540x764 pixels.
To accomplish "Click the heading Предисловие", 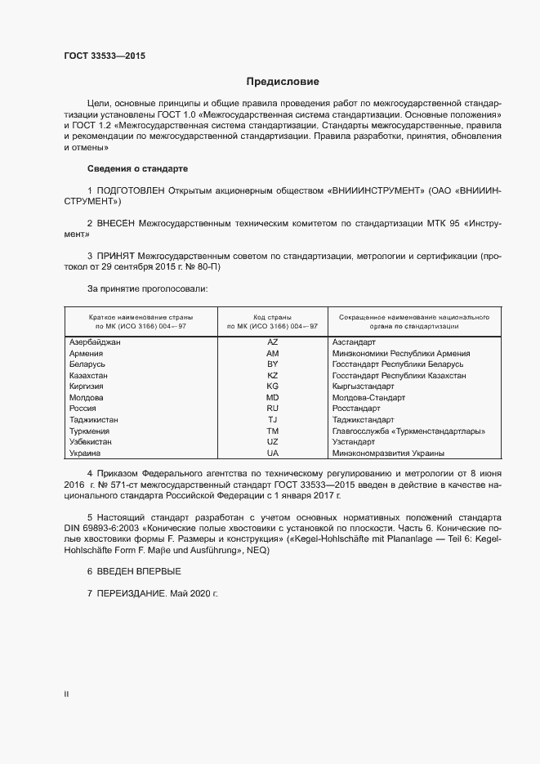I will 283,82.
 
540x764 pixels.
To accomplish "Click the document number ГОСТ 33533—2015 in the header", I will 106,56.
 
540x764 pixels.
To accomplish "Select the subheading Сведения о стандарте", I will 137,168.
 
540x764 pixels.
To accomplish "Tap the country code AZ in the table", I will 273,342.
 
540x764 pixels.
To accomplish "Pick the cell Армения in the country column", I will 87,353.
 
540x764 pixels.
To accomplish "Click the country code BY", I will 273,364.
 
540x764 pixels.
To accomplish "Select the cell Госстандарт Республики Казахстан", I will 399,375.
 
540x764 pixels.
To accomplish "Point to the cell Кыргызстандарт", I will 363,386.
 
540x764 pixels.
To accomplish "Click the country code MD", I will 273,397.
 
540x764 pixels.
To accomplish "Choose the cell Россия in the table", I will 84,409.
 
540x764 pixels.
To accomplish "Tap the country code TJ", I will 273,420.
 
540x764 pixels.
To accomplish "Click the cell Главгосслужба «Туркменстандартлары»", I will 408,431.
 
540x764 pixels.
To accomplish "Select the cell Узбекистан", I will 91,442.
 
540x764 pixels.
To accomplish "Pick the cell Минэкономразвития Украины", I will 388,453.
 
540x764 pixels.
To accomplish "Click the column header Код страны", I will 273,316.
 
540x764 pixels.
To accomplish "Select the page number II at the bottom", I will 66,695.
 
